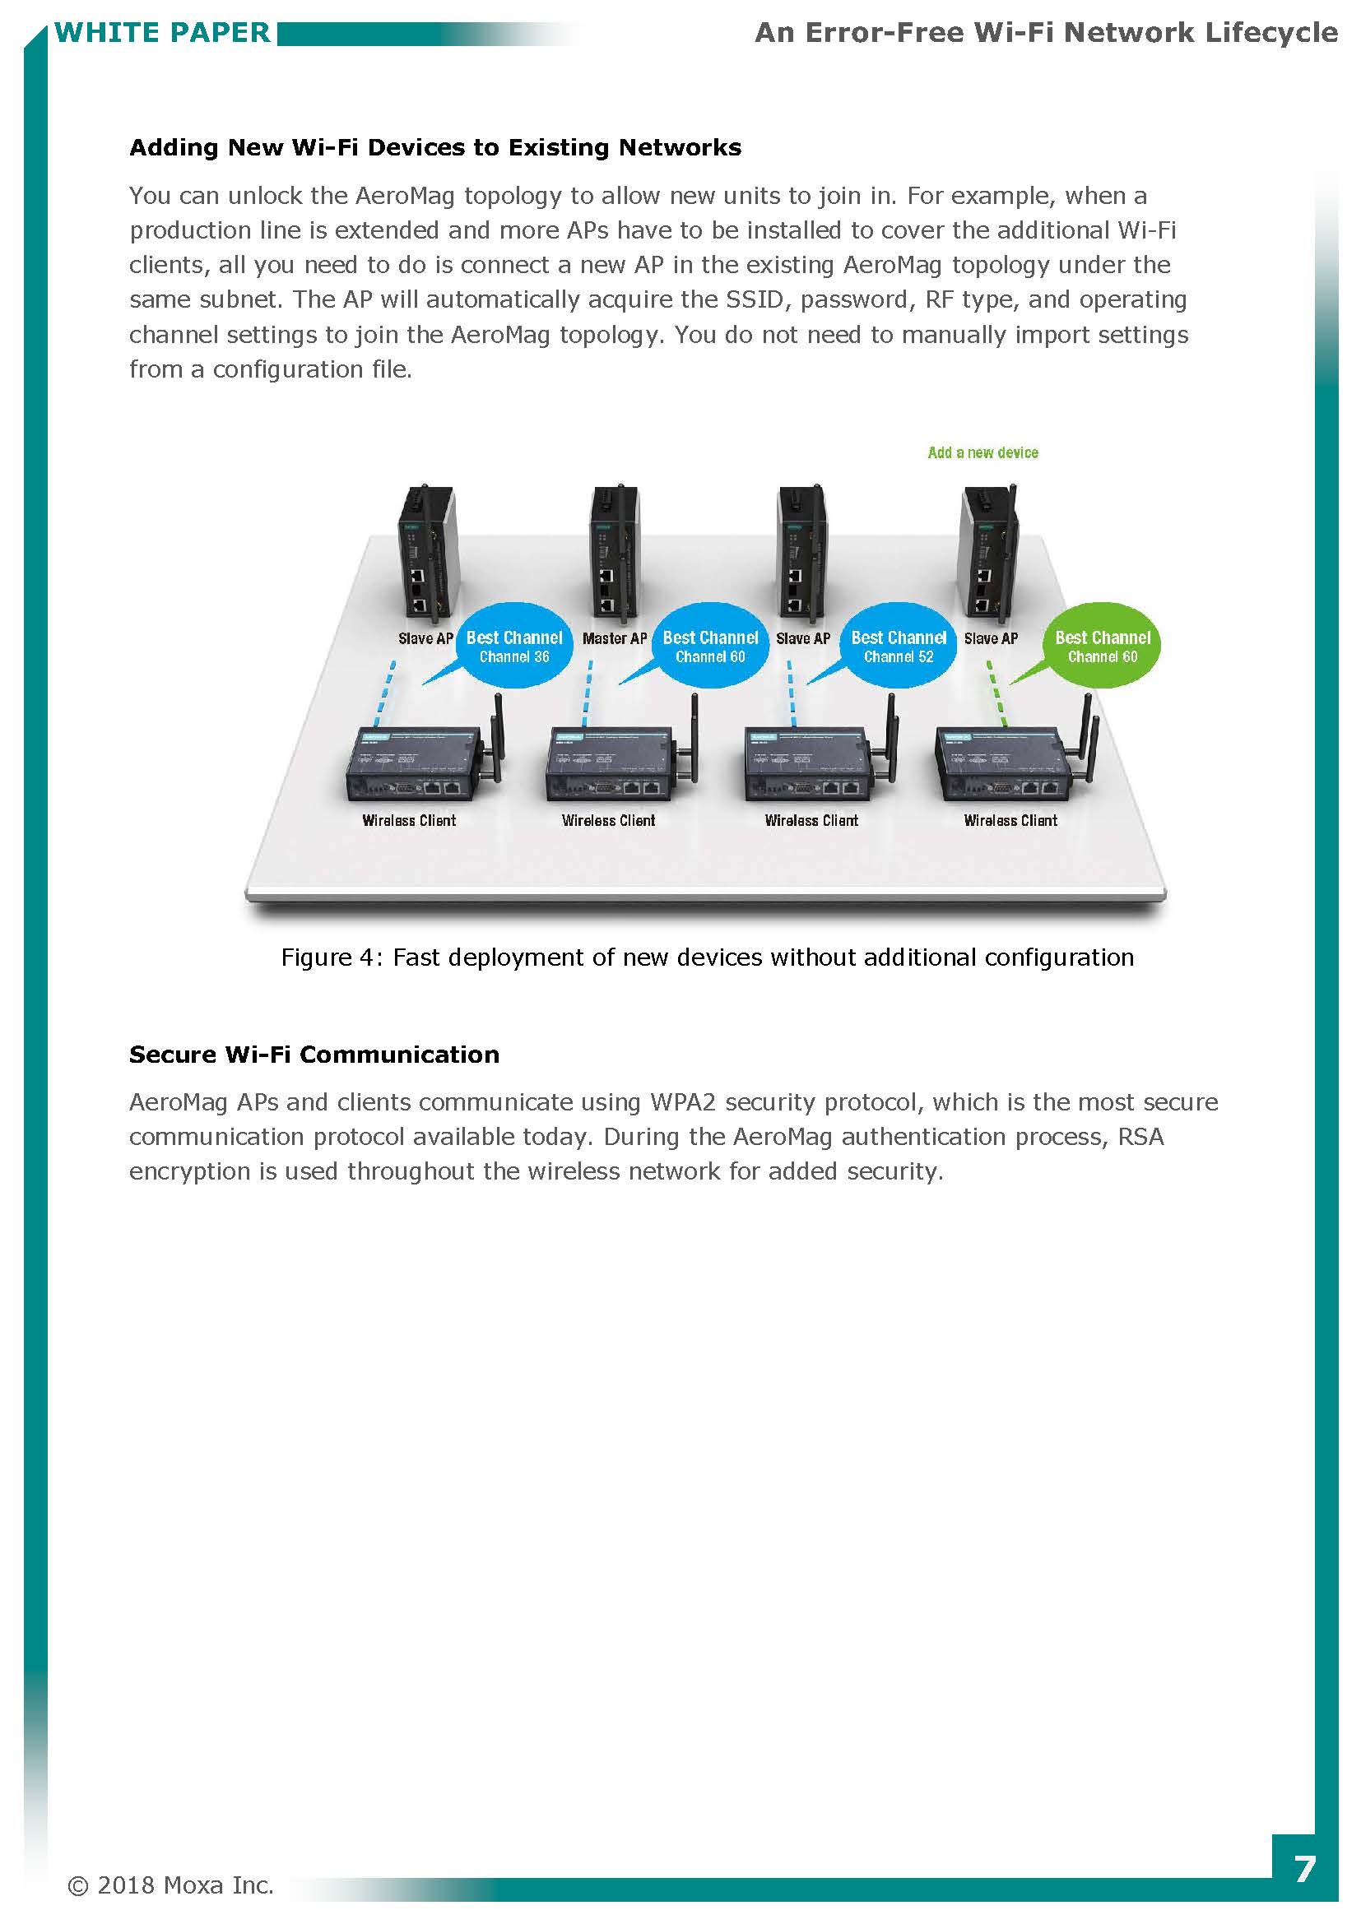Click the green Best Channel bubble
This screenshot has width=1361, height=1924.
[1101, 645]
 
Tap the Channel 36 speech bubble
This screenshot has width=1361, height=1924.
[513, 645]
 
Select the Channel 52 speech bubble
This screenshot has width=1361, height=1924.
[899, 645]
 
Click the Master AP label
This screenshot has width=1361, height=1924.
[615, 638]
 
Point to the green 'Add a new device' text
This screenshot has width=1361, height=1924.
[982, 452]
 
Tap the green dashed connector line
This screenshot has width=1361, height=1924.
[997, 694]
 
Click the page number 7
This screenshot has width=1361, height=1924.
[1304, 1870]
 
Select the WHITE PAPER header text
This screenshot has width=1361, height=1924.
[163, 33]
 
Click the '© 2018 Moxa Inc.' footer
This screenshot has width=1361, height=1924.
[170, 1885]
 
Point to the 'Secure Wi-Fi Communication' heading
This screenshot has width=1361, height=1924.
[314, 1055]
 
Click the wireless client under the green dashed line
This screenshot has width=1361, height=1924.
[1012, 761]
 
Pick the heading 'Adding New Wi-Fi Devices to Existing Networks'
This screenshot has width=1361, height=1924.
[435, 147]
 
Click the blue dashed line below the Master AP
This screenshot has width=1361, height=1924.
[588, 694]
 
